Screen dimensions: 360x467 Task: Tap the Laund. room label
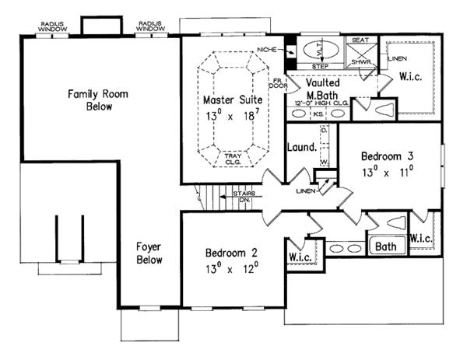pyautogui.click(x=301, y=145)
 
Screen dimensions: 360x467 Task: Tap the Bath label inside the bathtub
pyautogui.click(x=385, y=248)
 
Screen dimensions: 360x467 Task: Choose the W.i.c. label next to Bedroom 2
pyautogui.click(x=300, y=256)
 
